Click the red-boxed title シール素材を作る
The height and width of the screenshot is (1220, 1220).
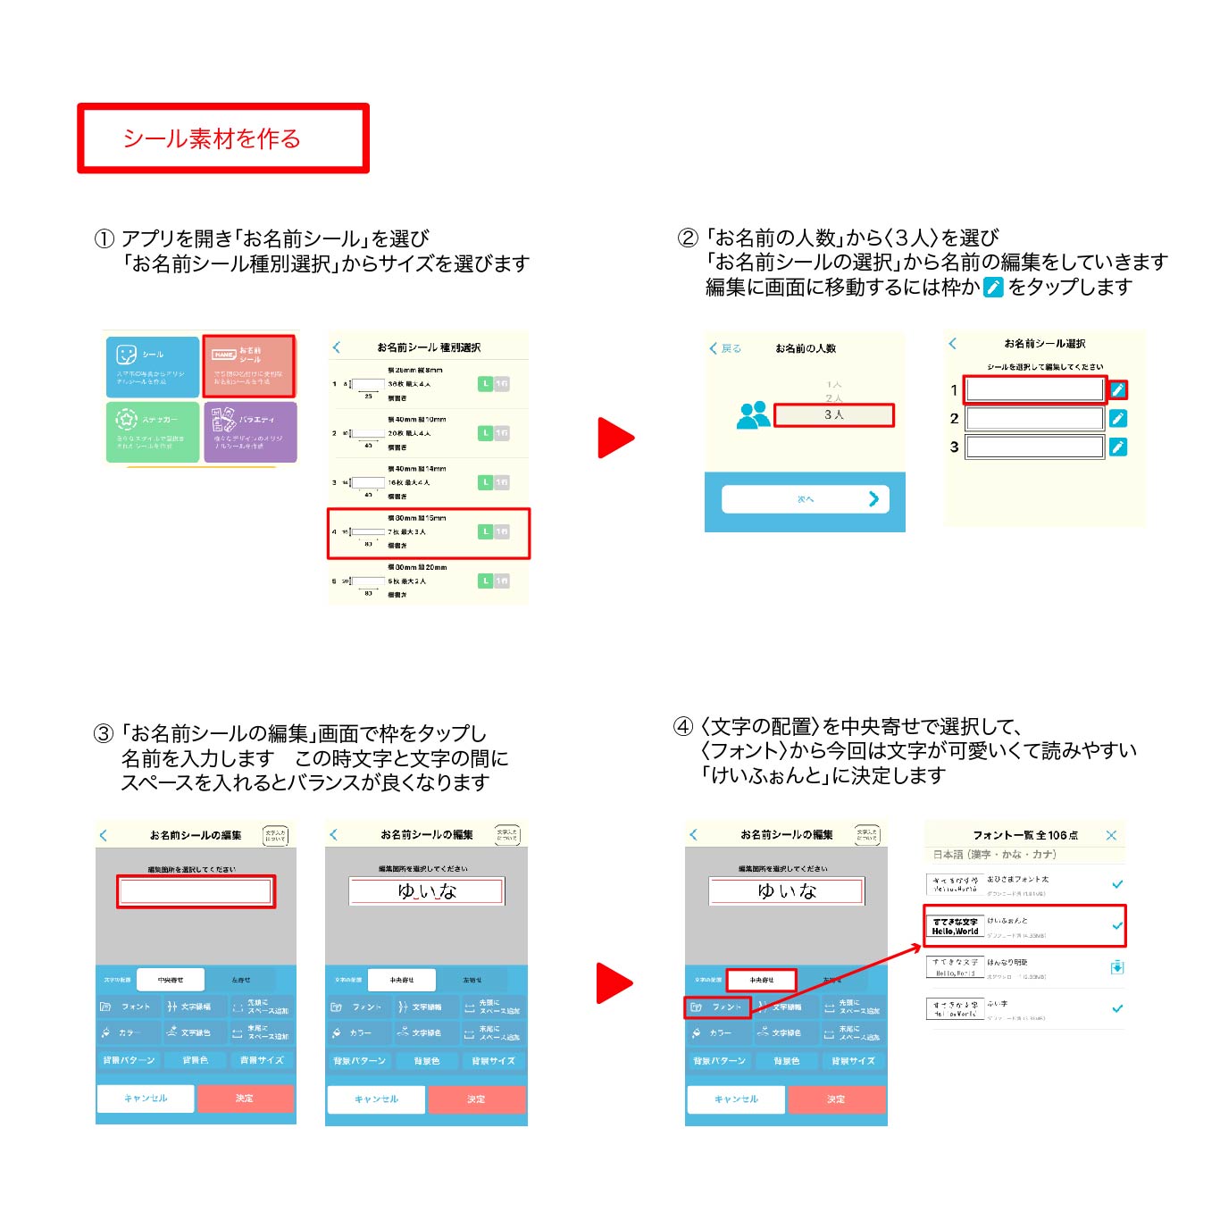click(x=222, y=138)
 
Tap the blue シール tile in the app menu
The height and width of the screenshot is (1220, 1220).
click(x=152, y=366)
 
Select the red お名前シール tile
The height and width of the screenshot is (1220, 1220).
click(x=249, y=366)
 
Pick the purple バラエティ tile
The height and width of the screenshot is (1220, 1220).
click(x=249, y=431)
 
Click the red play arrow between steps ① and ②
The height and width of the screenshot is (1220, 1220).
click(x=614, y=438)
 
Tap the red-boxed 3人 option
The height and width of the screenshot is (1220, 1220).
click(x=833, y=415)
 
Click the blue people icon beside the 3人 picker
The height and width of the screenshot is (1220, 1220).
click(x=754, y=415)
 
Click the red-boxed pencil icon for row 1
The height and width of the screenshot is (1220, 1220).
click(x=1117, y=390)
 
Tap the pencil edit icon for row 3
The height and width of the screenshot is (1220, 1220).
click(x=1117, y=447)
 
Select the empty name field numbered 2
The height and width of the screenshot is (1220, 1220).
click(x=1035, y=419)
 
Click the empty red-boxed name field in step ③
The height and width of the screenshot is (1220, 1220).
click(x=196, y=891)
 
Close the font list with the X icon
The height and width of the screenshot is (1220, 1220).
click(x=1111, y=835)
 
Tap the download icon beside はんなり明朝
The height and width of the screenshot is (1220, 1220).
click(x=1116, y=967)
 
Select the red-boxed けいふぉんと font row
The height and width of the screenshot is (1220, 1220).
click(x=1024, y=925)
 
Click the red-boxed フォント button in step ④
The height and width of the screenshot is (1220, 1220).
click(x=717, y=1007)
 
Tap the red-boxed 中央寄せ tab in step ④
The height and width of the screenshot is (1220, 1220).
click(x=761, y=980)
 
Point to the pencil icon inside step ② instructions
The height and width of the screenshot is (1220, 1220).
click(x=993, y=288)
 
